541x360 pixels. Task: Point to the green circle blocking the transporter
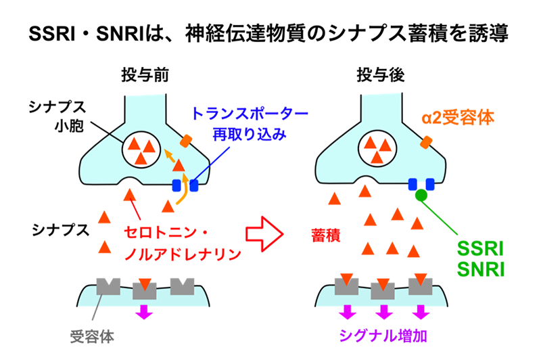[420, 196]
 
